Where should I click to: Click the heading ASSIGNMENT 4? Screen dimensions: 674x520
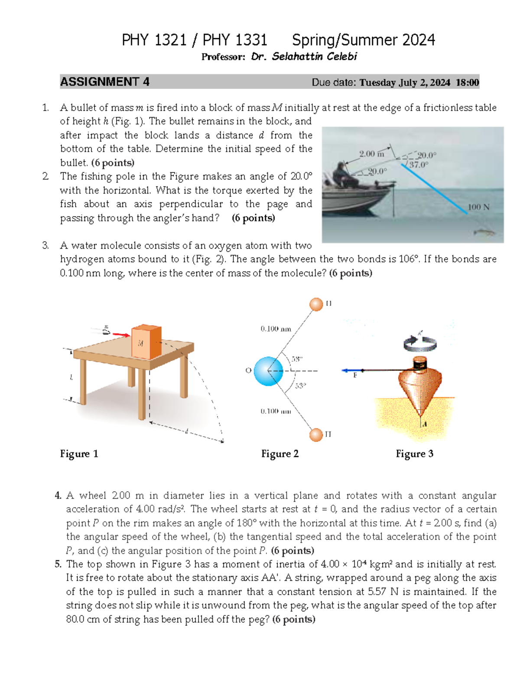point(104,82)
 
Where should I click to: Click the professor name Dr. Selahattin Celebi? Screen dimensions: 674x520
point(304,56)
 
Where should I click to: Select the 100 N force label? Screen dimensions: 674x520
point(478,207)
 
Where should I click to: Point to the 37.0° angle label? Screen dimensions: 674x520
point(419,164)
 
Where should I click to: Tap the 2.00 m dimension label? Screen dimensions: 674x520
point(371,154)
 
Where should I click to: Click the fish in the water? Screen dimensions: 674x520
point(485,233)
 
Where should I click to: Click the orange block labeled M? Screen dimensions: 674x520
point(146,342)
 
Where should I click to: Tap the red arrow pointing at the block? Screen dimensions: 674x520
point(121,335)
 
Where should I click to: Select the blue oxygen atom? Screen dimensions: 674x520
point(268,371)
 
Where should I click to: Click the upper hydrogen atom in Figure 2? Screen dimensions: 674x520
point(316,304)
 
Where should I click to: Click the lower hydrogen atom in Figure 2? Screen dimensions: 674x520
point(316,434)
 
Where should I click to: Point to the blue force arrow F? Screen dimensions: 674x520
point(352,371)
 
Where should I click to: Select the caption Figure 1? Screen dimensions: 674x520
point(79,454)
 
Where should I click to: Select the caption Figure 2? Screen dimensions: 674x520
point(279,454)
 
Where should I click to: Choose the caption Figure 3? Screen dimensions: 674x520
point(414,454)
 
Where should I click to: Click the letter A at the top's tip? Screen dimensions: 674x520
point(425,424)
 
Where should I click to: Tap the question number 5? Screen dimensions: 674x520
point(58,564)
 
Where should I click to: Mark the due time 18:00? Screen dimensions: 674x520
point(467,82)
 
